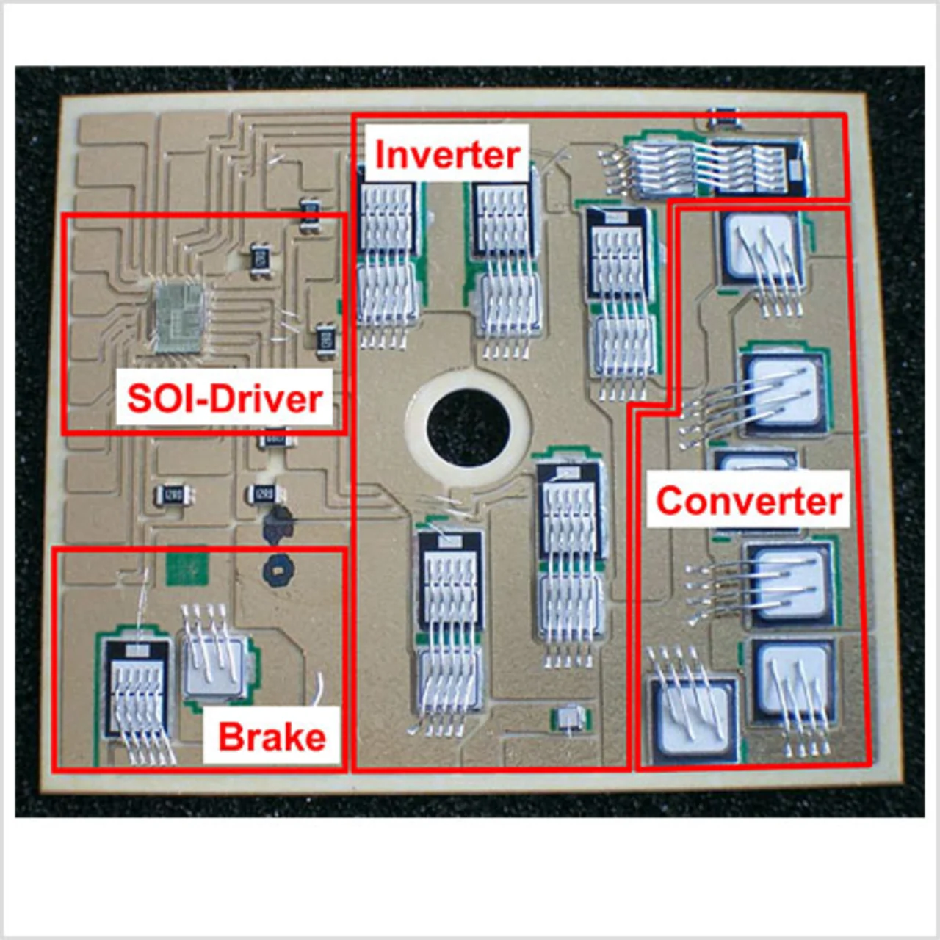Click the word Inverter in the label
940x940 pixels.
[447, 154]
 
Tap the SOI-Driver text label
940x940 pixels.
[225, 399]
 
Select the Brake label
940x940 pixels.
[272, 737]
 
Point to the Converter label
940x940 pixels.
[748, 501]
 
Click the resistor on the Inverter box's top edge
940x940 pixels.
[723, 116]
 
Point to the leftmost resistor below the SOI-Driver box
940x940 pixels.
[174, 494]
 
